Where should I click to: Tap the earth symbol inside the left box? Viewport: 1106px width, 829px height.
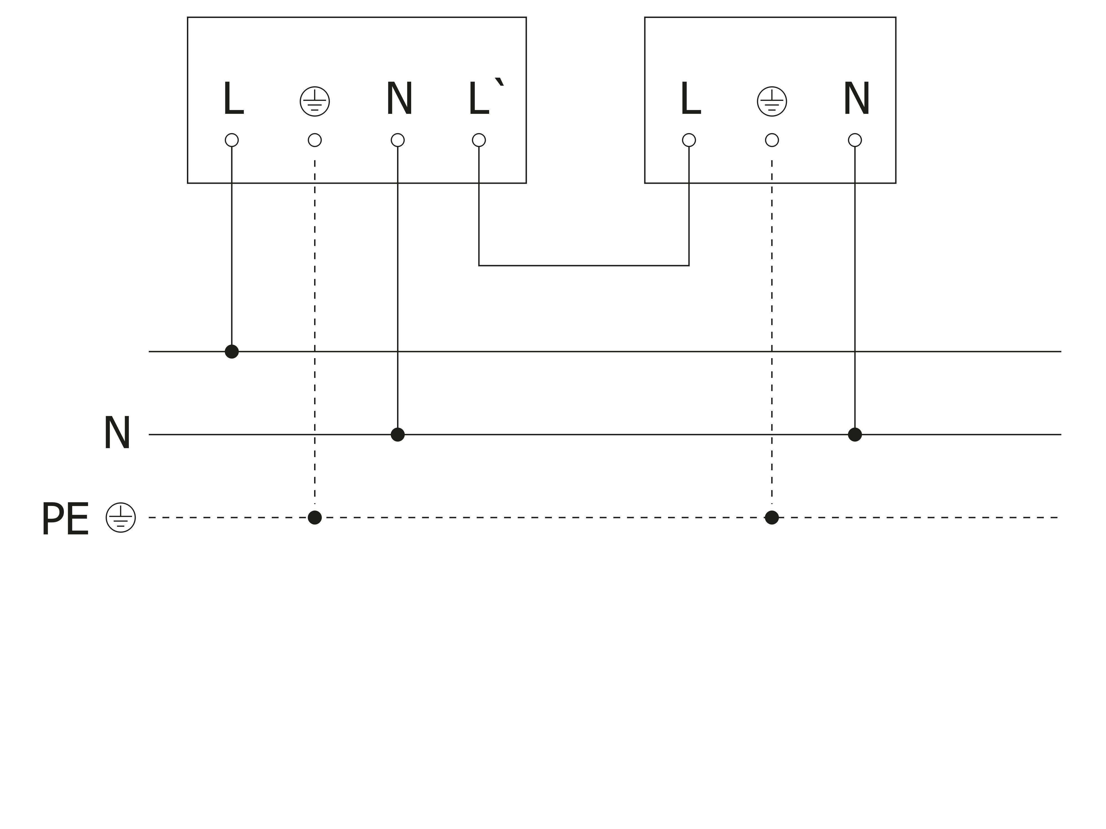(314, 101)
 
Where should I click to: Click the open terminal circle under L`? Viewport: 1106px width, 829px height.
(479, 140)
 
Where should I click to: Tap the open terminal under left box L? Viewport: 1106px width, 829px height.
(231, 140)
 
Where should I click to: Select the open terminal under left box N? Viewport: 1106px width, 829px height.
(398, 140)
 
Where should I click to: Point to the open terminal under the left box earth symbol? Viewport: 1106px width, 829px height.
(314, 140)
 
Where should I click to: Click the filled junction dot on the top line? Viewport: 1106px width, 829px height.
(231, 351)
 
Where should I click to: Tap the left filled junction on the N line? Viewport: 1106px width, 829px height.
(398, 434)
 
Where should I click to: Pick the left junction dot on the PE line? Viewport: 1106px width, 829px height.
(314, 517)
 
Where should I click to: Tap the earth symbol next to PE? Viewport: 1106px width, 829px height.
(121, 517)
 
